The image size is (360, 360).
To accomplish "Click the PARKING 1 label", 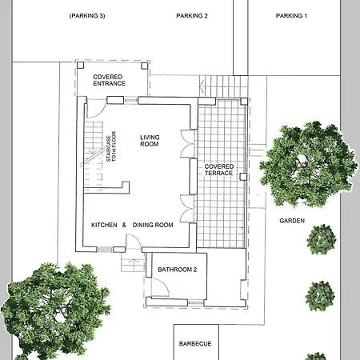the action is [x=291, y=16].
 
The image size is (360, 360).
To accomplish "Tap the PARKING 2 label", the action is [x=192, y=16].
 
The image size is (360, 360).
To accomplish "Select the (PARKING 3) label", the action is [x=87, y=16].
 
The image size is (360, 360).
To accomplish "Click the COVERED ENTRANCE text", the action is [x=109, y=80].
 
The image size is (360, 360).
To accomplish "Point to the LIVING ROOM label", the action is [x=150, y=141].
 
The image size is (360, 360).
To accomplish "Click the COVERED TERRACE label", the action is [x=219, y=170].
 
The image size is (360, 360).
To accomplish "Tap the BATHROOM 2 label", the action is [x=178, y=270].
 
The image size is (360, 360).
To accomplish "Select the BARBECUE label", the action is [x=195, y=344].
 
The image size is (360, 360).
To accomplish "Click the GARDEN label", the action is [x=292, y=221].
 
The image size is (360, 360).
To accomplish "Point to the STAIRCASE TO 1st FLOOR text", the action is [x=111, y=146].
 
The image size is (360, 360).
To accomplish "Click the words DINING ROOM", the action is [x=153, y=225].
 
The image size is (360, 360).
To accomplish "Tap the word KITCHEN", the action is [x=104, y=225].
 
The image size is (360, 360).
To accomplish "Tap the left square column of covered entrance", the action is [x=80, y=65].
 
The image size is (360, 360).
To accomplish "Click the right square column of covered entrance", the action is [x=144, y=66].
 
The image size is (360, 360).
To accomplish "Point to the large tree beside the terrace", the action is [x=309, y=164].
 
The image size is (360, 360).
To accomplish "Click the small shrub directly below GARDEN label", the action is [x=322, y=239].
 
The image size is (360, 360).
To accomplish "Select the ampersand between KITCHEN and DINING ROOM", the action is [x=124, y=225].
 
